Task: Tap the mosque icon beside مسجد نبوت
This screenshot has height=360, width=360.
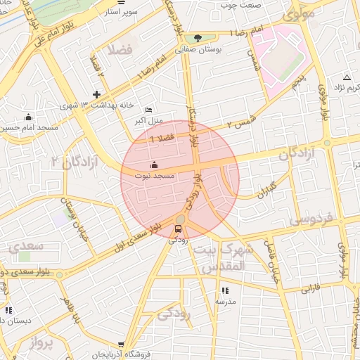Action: point(155,165)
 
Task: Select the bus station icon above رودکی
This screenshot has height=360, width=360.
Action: point(178,229)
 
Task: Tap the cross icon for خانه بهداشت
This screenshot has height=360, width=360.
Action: point(97,94)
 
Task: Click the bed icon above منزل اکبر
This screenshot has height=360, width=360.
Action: point(148,110)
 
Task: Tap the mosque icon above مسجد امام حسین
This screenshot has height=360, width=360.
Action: point(27,117)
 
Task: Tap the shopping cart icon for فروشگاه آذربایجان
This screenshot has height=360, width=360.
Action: point(122,345)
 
